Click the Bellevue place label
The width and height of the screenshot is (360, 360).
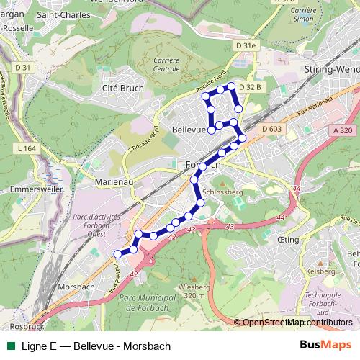(189, 130)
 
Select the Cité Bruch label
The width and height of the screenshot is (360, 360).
(123, 88)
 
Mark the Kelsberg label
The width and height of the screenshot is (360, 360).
(320, 271)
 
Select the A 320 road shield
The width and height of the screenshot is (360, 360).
(343, 130)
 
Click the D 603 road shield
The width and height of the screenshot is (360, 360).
(271, 129)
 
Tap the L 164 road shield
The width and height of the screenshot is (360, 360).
(25, 148)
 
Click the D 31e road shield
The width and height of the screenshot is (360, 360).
(246, 45)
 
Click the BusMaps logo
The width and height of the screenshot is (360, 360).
(326, 346)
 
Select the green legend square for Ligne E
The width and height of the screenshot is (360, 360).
(9, 346)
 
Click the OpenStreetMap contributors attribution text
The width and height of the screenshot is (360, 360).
(293, 322)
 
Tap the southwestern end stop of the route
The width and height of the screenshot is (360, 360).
(117, 253)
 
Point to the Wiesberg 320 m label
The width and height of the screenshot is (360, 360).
(191, 290)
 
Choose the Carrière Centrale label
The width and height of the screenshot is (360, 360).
(167, 64)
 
